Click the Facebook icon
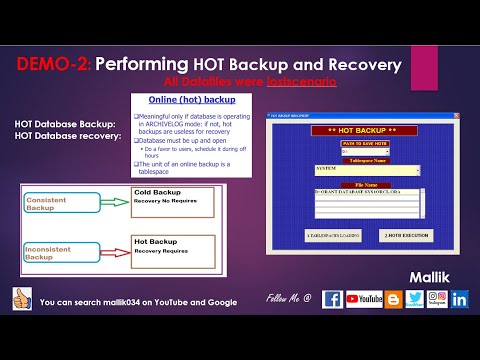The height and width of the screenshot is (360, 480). [333, 298]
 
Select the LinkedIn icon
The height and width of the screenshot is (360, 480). [460, 298]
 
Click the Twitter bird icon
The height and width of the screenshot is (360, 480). [414, 298]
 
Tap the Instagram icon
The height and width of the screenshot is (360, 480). [437, 298]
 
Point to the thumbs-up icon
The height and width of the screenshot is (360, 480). [21, 299]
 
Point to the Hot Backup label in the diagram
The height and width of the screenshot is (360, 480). [155, 241]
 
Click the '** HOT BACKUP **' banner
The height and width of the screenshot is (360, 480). [358, 132]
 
